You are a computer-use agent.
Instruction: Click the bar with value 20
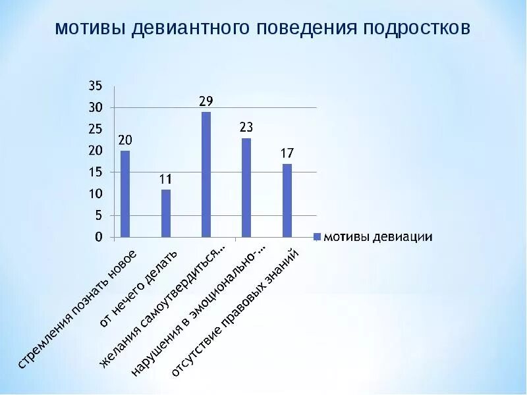tap(125, 194)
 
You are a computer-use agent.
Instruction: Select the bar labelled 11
tap(166, 213)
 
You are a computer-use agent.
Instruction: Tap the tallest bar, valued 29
tap(206, 174)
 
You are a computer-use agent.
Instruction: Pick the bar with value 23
tap(246, 187)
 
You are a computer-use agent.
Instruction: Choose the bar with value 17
tap(287, 200)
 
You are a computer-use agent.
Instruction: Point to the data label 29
tap(206, 101)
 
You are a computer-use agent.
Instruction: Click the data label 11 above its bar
tap(166, 178)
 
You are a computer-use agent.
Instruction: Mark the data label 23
tap(246, 127)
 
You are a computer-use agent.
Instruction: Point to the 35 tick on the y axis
tap(96, 86)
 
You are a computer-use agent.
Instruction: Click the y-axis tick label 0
tap(99, 237)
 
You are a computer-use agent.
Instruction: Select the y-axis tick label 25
tap(96, 129)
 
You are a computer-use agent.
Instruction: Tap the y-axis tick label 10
tap(96, 194)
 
